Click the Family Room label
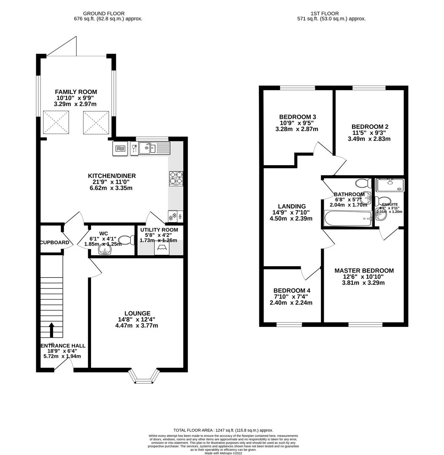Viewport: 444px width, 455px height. (76, 92)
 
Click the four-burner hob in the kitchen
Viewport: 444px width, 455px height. (176, 178)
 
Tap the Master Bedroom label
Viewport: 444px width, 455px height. (364, 270)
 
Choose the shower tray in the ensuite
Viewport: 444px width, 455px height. (390, 185)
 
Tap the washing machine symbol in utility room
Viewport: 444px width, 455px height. (162, 249)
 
